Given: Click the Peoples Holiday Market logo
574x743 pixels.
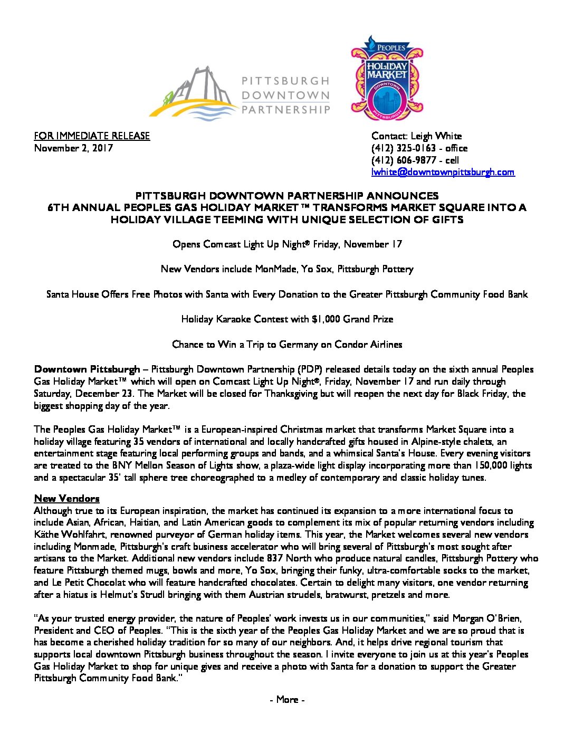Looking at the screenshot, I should [x=387, y=78].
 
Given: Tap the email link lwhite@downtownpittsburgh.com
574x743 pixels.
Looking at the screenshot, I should [x=443, y=172].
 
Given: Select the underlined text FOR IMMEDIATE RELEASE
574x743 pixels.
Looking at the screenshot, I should [x=92, y=136].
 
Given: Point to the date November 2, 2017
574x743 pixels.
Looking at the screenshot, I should [x=73, y=148].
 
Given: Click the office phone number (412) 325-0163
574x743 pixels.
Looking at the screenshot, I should [x=404, y=148].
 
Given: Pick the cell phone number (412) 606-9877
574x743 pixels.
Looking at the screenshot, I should [x=404, y=160].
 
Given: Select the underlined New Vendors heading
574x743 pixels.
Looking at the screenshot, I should [x=66, y=499].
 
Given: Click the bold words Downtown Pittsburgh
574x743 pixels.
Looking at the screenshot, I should [x=87, y=369].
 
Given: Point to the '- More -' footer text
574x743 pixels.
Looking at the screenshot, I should [x=287, y=700].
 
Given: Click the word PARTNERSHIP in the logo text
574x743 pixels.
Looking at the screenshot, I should [x=285, y=110].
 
